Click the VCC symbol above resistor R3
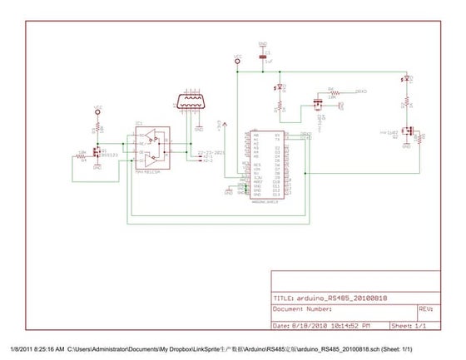[97, 109]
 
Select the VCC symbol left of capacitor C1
[237, 60]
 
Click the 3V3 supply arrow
[219, 127]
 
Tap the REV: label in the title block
[425, 308]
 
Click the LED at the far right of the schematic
[406, 81]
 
